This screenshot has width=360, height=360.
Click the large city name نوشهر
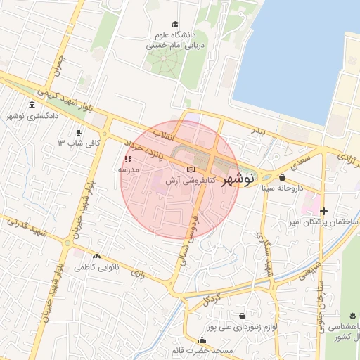pos(238,180)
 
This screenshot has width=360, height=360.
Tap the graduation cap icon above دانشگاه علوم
pos(174,24)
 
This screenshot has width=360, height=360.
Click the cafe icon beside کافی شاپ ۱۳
pos(79,132)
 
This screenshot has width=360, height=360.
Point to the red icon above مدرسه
pos(128,160)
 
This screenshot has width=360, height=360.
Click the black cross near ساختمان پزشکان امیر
pos(323,211)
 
